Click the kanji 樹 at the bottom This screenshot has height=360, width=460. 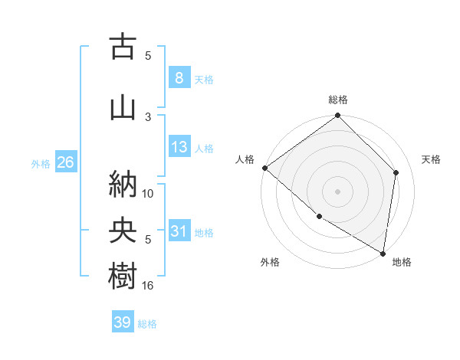click(x=122, y=277)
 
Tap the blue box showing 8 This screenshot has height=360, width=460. click(x=179, y=78)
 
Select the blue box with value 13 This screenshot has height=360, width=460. click(x=179, y=147)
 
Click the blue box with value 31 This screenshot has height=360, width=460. click(x=179, y=231)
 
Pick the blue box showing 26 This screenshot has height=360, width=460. click(x=65, y=162)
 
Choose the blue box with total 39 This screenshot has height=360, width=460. click(x=123, y=322)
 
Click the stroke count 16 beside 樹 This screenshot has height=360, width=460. click(x=148, y=285)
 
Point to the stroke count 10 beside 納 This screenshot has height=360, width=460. click(x=148, y=193)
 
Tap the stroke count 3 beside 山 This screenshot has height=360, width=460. click(x=148, y=116)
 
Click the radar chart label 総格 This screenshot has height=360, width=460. click(x=338, y=100)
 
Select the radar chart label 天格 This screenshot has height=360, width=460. click(x=432, y=159)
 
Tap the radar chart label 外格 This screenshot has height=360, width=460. click(x=270, y=262)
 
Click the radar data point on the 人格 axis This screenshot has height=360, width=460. click(x=264, y=168)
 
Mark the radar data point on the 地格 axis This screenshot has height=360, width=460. click(x=383, y=253)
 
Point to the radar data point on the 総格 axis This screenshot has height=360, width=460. click(x=338, y=116)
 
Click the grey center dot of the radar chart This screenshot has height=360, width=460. click(x=338, y=191)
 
